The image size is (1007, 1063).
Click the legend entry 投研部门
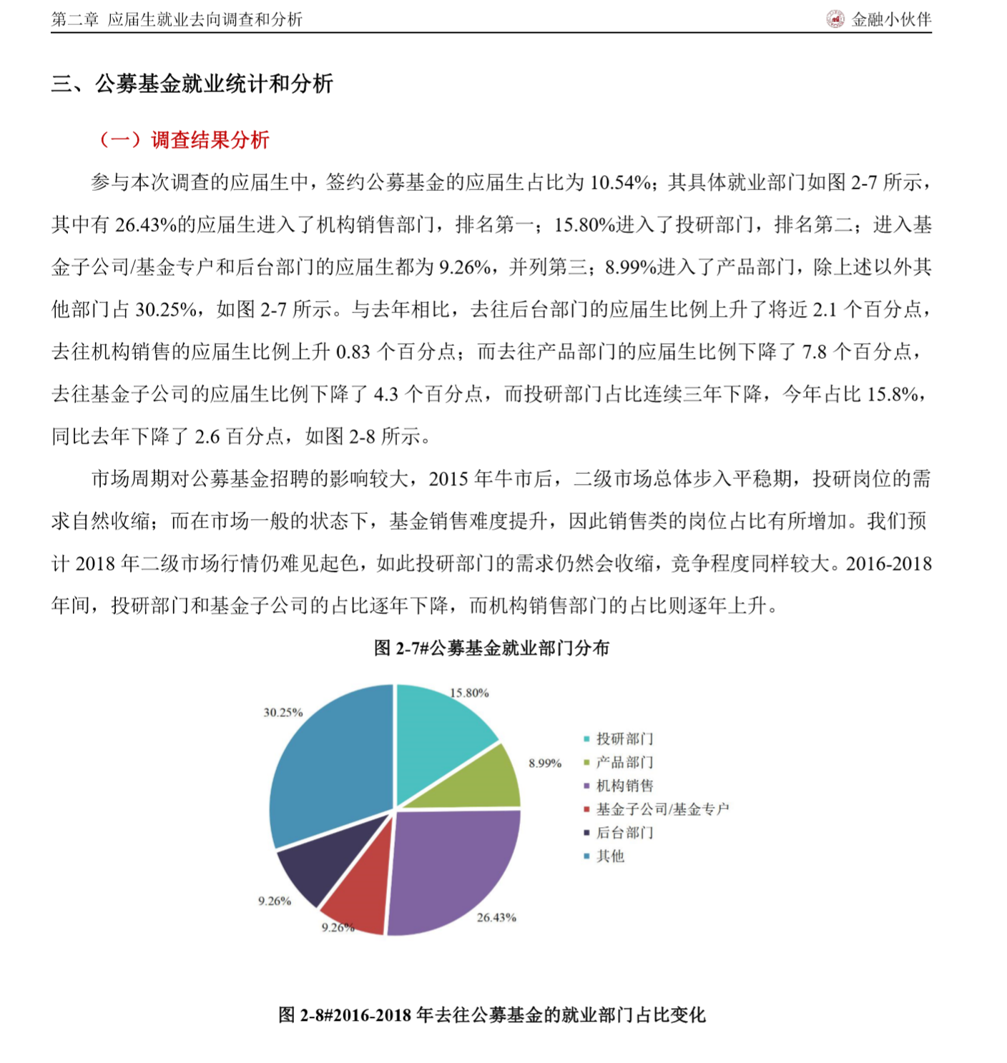coord(624,738)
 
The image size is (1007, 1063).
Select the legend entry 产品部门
coord(624,762)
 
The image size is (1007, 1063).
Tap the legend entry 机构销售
coord(624,786)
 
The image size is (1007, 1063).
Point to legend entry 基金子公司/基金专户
coord(662,809)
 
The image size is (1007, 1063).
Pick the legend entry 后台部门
coord(624,833)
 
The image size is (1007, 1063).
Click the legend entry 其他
coord(610,856)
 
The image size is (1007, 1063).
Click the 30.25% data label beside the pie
coord(283,713)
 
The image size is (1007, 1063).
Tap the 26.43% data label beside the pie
coord(496,918)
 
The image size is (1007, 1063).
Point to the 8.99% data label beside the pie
coord(545,763)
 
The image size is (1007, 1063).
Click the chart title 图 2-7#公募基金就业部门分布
coord(491,648)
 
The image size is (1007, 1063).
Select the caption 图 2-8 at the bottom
coord(491,1015)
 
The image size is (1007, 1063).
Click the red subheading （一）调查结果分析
coord(184,140)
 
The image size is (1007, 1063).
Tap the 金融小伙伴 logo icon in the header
coord(835,19)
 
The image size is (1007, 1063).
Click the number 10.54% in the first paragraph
coord(619,183)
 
